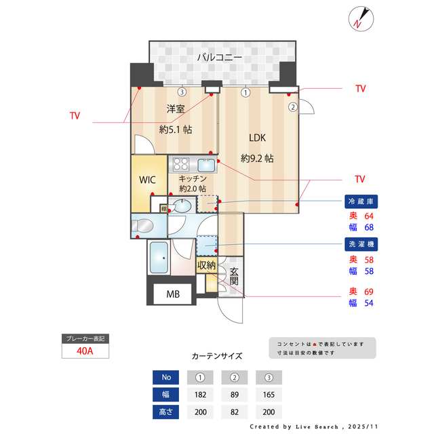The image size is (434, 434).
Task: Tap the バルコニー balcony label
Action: coord(219,58)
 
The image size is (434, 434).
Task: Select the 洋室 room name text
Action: coord(176,108)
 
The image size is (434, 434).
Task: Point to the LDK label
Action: coord(257,138)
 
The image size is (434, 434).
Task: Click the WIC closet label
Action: coord(148,180)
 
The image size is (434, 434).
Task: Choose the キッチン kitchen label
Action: coord(193,178)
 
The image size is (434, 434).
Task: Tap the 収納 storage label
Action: coord(206,265)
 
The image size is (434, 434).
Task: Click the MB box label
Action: coord(173,294)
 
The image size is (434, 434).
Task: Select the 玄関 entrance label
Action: coord(234,276)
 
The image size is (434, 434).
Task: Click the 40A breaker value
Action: coord(85,352)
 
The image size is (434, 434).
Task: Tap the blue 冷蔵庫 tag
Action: coord(361,201)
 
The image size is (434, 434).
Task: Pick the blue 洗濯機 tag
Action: coord(361,243)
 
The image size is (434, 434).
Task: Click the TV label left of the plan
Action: coord(75,116)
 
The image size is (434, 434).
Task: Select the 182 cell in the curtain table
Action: coord(200,394)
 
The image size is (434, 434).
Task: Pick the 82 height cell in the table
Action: coord(235,412)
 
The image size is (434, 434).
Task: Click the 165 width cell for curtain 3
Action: coord(269,394)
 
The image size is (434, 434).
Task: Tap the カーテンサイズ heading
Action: coord(217,355)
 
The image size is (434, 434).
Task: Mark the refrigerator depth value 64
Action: coord(369,216)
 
